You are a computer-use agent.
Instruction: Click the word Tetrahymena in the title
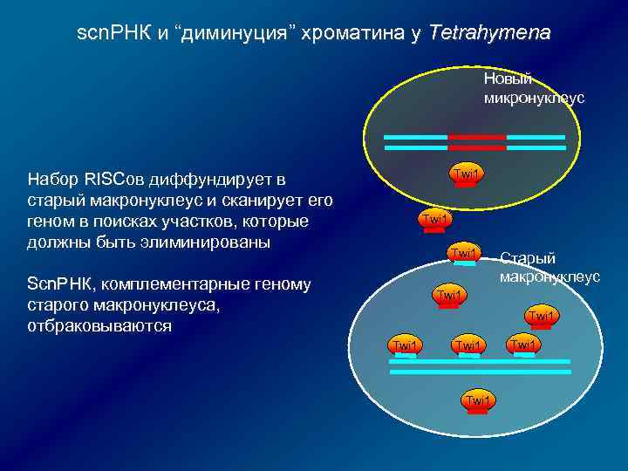[491, 34]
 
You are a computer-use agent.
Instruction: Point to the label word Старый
[527, 259]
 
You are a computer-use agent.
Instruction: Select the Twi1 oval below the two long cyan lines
[477, 400]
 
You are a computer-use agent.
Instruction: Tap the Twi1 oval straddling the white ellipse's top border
[463, 254]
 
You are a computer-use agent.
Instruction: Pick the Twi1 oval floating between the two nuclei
[433, 218]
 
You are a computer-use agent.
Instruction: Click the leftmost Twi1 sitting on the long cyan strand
[405, 346]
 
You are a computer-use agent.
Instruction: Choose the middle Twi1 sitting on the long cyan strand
[468, 346]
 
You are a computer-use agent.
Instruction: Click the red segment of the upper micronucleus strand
[476, 137]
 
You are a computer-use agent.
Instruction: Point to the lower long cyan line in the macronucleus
[480, 372]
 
